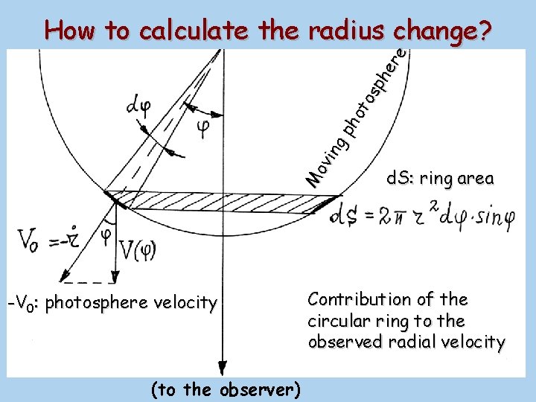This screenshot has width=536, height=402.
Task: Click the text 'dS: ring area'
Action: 439,179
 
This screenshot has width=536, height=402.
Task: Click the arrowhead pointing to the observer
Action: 221,366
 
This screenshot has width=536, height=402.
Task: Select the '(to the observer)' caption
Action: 225,389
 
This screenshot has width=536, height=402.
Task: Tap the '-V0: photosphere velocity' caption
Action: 112,303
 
